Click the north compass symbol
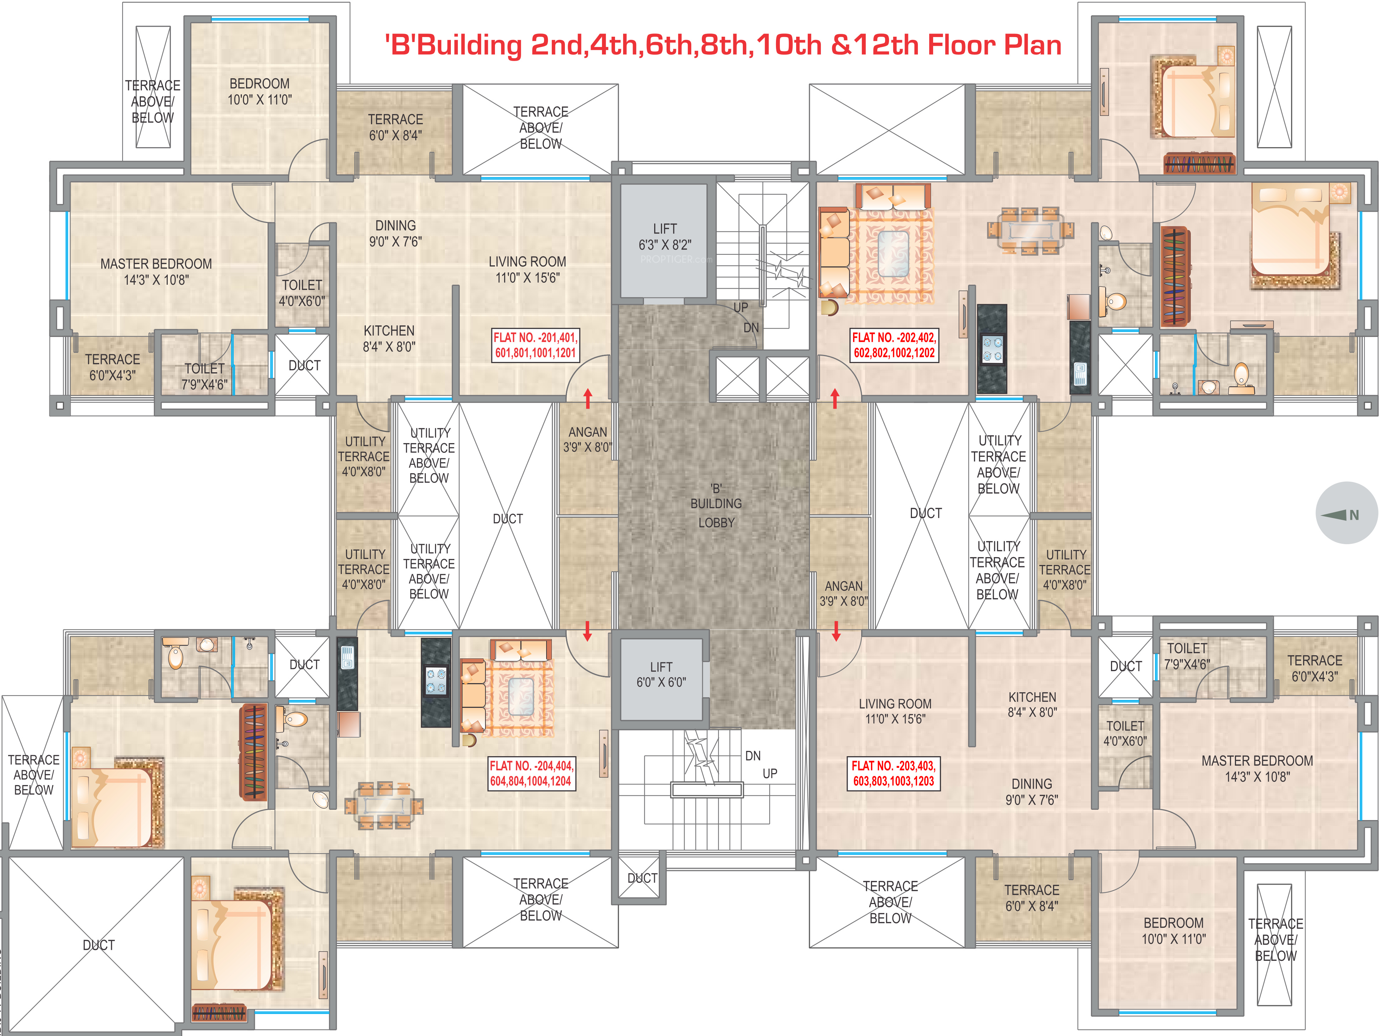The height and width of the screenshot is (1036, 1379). click(x=1347, y=513)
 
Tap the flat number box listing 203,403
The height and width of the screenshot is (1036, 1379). click(x=893, y=773)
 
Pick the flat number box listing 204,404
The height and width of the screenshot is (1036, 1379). click(x=531, y=773)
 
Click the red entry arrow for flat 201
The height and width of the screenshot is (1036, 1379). click(x=587, y=398)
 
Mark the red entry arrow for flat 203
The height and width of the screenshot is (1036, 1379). click(x=836, y=631)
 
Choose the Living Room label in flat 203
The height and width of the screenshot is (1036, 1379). click(x=895, y=711)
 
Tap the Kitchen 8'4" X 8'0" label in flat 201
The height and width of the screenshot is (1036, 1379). click(x=389, y=338)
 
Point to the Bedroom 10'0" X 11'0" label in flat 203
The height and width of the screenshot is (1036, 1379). click(x=1173, y=931)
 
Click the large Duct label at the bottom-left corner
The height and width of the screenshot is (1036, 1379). click(x=98, y=945)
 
